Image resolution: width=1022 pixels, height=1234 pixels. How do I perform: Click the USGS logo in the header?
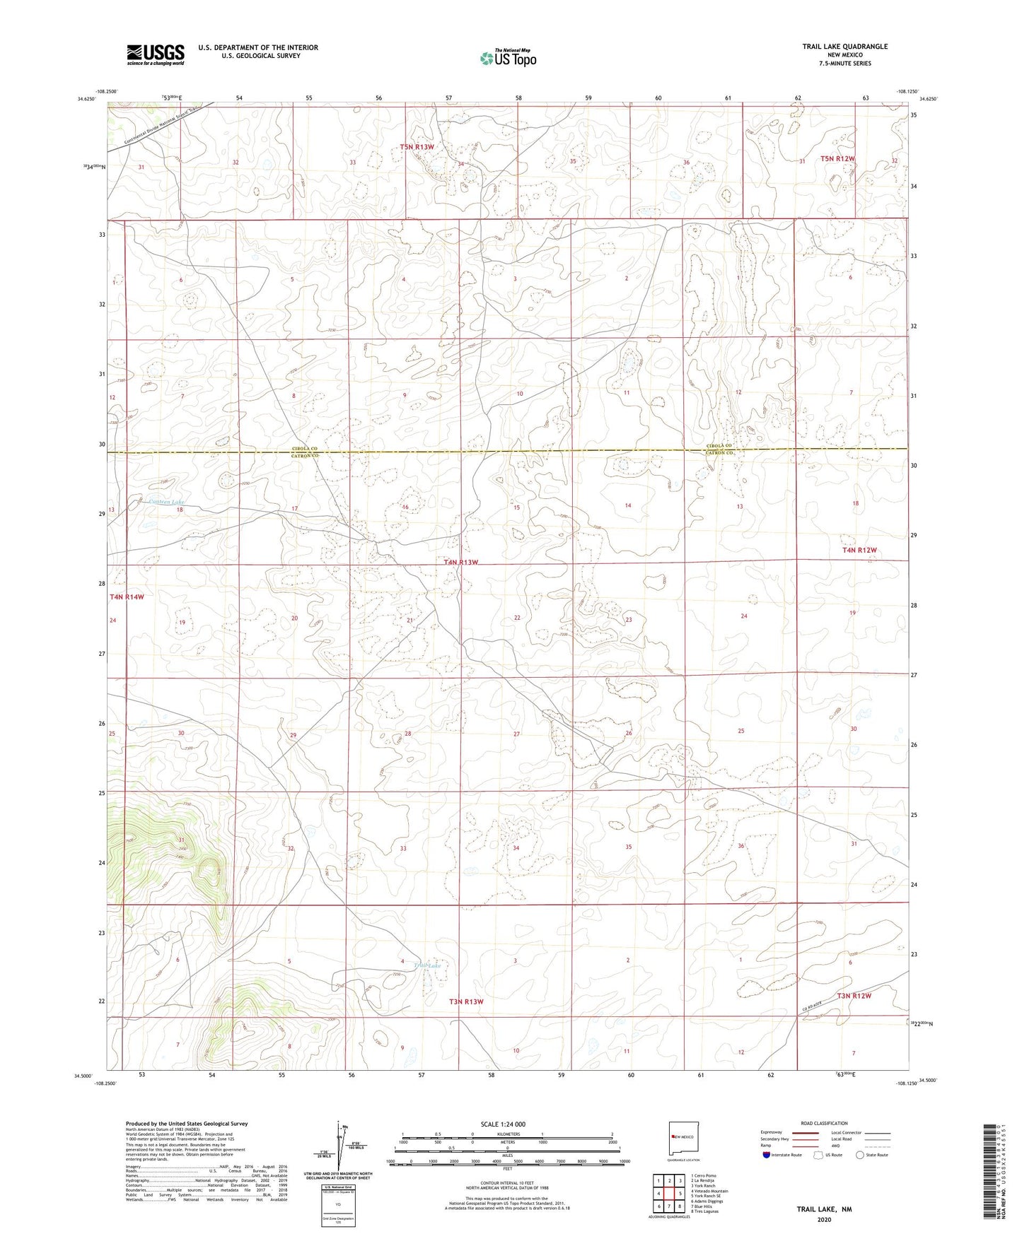click(x=156, y=54)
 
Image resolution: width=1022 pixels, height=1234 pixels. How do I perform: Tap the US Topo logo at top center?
click(x=508, y=58)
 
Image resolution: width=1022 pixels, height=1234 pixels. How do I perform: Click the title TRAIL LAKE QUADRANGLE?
click(x=844, y=47)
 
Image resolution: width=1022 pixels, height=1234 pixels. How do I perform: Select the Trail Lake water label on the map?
click(x=427, y=965)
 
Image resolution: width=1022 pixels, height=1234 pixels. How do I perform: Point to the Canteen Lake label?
click(x=167, y=502)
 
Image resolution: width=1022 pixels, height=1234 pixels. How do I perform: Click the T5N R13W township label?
click(x=417, y=147)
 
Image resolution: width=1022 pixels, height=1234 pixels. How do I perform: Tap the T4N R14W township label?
click(x=127, y=597)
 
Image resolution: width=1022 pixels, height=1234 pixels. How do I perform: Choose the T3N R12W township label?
click(x=854, y=996)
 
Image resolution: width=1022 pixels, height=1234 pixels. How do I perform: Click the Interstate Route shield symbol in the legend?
click(x=766, y=1155)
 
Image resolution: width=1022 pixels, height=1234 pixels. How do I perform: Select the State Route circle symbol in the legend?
click(x=860, y=1155)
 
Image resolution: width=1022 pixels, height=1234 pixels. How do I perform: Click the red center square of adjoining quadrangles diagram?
click(x=669, y=1194)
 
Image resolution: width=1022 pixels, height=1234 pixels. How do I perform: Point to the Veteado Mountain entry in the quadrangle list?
click(x=710, y=1191)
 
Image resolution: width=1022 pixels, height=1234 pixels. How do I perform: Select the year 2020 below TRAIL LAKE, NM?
click(x=824, y=1220)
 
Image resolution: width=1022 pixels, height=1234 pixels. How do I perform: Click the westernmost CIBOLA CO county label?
click(x=306, y=449)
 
